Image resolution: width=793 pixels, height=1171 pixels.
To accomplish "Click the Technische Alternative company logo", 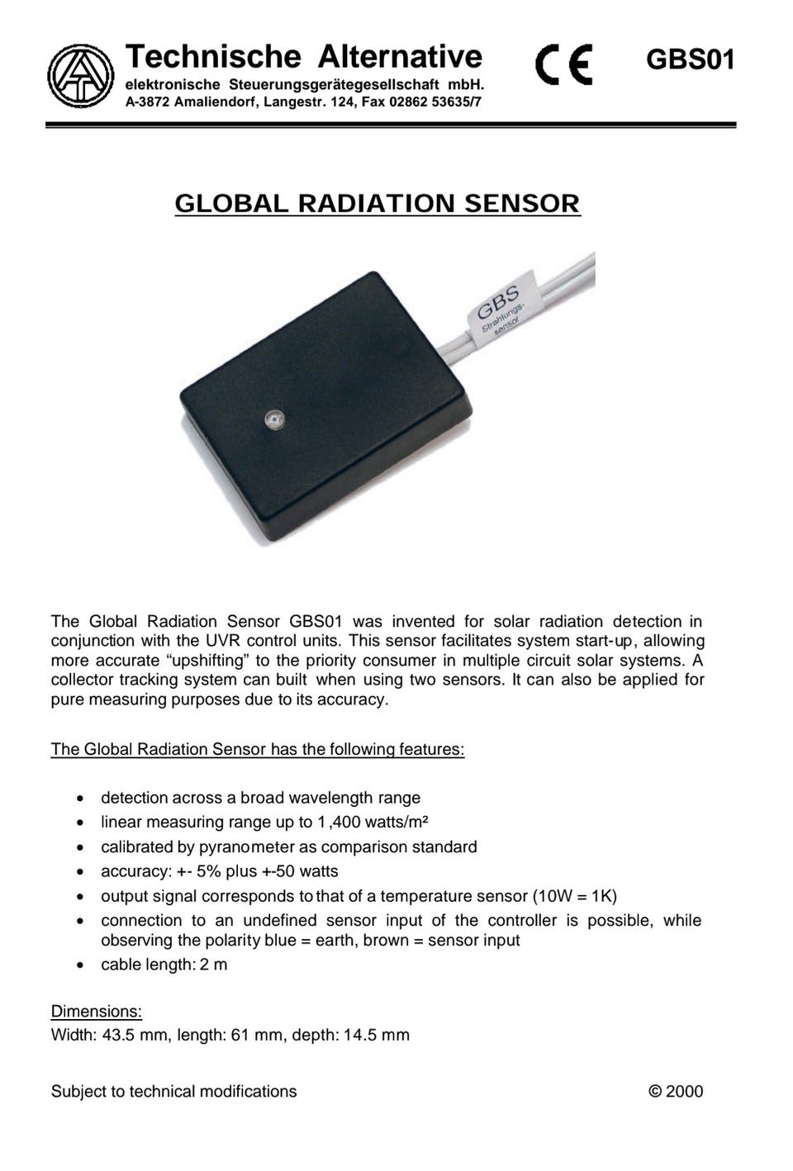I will coord(80,75).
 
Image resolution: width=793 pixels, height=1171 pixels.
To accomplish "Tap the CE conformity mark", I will coord(563,65).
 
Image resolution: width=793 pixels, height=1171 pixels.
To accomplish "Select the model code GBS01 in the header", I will coord(690,60).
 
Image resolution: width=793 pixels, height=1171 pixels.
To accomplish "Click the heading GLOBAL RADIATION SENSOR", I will coord(378,203).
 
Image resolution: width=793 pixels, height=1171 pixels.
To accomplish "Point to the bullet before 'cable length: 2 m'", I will coord(78,965).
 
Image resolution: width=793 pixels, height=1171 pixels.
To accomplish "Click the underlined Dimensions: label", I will coord(97,1012).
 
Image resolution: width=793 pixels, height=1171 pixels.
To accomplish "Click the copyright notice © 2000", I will coord(676,1091).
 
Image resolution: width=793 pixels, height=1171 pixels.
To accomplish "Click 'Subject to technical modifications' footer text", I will coord(173,1091).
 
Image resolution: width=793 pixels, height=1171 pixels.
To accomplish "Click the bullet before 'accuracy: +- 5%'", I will coord(78,871).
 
